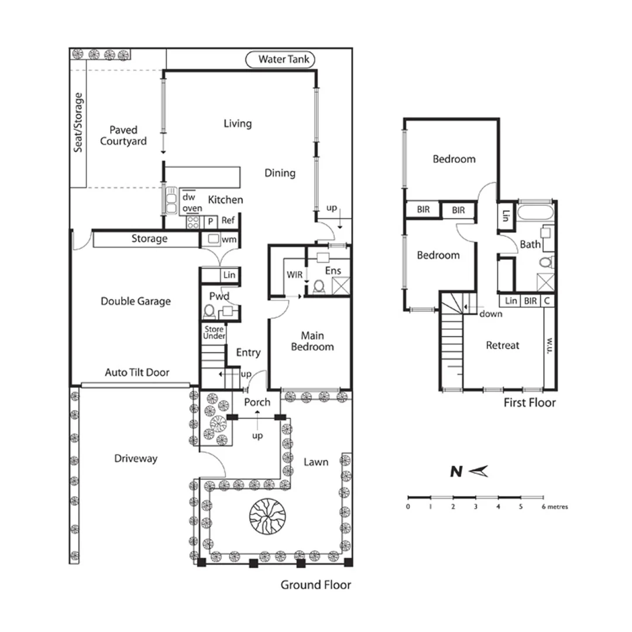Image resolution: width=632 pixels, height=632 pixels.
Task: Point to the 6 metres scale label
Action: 555,507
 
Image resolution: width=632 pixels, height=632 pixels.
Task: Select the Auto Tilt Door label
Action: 137,372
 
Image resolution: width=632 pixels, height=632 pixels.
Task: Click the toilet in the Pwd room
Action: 209,311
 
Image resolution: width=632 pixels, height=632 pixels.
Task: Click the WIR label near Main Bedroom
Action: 294,274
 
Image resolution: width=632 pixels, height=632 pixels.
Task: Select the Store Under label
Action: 214,333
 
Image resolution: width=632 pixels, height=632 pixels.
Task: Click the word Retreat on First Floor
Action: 503,345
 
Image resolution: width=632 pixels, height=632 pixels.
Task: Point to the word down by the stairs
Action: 490,314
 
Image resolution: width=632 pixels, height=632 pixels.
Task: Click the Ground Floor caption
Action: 315,585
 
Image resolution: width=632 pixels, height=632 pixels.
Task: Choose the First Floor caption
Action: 530,403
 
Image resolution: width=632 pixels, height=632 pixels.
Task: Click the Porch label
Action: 257,402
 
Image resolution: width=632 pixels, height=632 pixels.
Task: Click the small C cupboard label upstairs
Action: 547,301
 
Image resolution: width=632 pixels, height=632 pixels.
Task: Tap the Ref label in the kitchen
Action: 228,221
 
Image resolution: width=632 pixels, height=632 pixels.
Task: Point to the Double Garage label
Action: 136,301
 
